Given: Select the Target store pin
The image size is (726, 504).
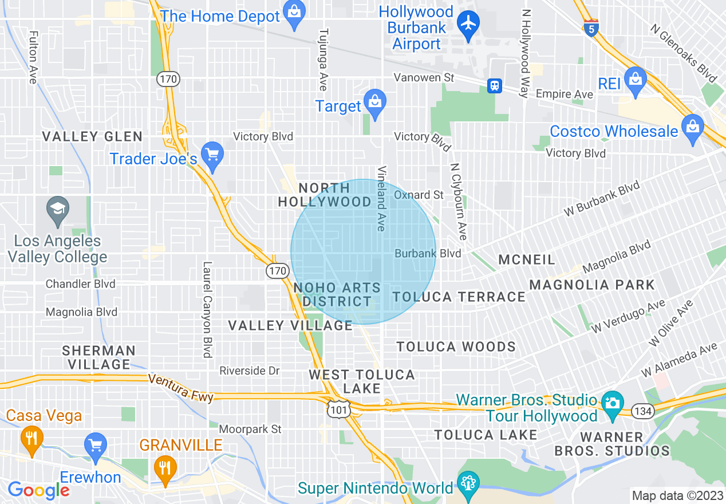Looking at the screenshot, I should [375, 103].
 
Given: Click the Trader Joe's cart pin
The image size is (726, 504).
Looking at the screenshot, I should [213, 156].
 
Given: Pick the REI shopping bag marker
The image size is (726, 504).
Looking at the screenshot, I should [636, 80].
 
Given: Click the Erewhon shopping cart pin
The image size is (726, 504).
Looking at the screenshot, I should [95, 446].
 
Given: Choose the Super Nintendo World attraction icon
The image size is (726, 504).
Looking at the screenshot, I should [468, 484].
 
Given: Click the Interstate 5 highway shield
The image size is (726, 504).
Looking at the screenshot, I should [592, 28].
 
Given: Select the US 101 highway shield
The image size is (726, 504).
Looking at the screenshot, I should [336, 408].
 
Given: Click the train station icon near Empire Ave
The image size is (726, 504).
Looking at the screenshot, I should [495, 86].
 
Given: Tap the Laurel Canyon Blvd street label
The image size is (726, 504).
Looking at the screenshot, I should [207, 310].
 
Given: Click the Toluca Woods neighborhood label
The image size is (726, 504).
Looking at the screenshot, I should [456, 346].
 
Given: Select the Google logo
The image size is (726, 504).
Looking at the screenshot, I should [38, 490].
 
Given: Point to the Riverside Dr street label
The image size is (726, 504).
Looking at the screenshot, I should [250, 371].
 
